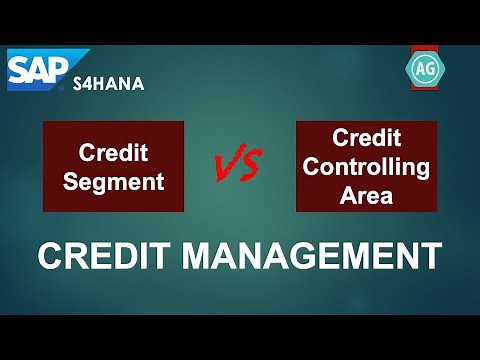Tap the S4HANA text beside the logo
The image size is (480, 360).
pyautogui.click(x=108, y=84)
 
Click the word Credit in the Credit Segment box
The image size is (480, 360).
pyautogui.click(x=113, y=154)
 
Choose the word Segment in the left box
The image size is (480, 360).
pyautogui.click(x=113, y=181)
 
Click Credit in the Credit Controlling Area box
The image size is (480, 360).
pyautogui.click(x=365, y=137)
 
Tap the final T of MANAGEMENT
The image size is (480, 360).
pyautogui.click(x=431, y=256)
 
